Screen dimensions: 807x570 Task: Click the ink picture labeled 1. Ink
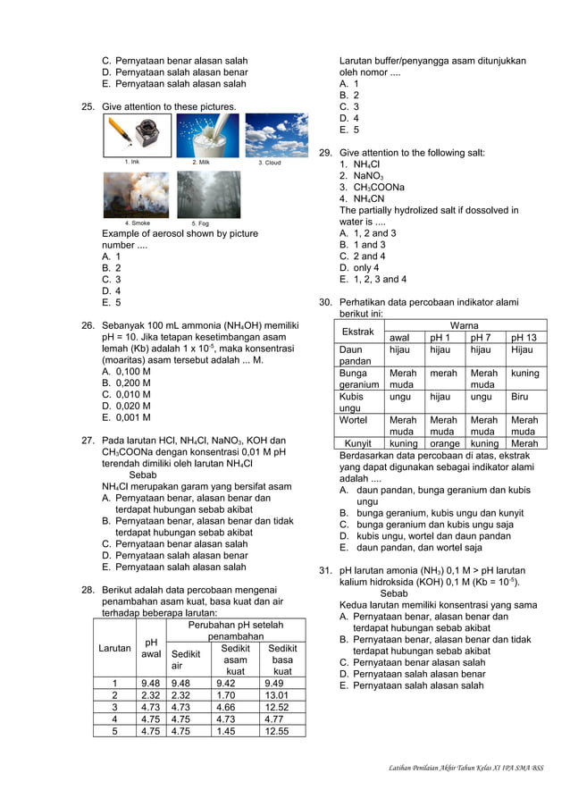[137, 135]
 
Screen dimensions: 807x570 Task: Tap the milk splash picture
[207, 135]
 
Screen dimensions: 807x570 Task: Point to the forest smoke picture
[137, 195]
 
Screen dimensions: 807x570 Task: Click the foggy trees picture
[207, 195]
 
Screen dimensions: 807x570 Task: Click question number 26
[88, 324]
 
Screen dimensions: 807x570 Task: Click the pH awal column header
[152, 647]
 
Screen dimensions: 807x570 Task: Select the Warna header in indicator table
[465, 325]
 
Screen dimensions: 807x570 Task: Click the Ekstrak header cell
[359, 332]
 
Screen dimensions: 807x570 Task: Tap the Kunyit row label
[358, 443]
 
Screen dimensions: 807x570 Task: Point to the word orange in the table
[444, 443]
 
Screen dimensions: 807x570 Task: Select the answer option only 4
[359, 267]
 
